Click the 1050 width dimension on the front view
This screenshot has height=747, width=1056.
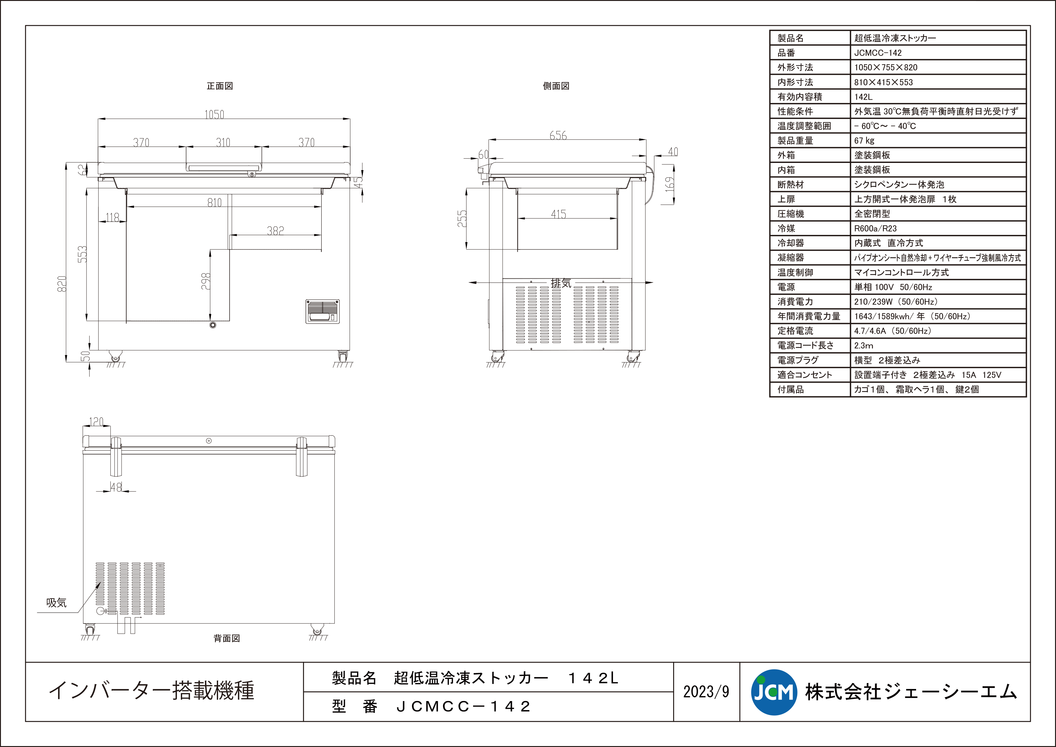click(x=214, y=115)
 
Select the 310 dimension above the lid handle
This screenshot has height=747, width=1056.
click(x=223, y=142)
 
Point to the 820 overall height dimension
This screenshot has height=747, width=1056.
click(x=62, y=283)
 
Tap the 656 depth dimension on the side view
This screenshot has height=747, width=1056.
click(x=558, y=135)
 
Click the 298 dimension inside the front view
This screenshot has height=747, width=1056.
click(x=206, y=281)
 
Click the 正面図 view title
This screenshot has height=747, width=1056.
click(x=220, y=86)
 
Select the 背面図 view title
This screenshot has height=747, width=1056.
click(x=227, y=638)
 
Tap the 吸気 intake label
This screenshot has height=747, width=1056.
click(x=56, y=603)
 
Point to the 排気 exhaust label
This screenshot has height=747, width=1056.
click(x=561, y=283)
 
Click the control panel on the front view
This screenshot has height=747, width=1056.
click(x=322, y=311)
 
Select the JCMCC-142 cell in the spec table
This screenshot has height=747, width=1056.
click(x=878, y=53)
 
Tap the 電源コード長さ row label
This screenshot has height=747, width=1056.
click(x=806, y=345)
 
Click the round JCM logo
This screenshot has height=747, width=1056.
click(x=774, y=692)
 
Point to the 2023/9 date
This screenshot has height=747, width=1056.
click(x=706, y=692)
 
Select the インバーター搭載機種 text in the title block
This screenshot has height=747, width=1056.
click(x=151, y=691)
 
